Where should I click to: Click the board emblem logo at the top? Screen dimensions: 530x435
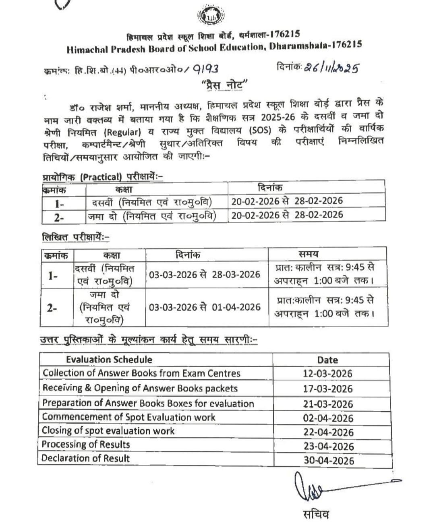[210, 17]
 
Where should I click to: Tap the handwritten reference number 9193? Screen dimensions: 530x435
[206, 69]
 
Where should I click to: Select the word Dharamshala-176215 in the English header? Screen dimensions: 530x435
[315, 46]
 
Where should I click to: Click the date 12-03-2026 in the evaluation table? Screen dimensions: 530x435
[327, 374]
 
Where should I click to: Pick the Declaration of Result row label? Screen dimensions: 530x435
[85, 458]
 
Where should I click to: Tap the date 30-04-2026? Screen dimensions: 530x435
[329, 460]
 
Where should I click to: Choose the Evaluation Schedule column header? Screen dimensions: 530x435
[109, 360]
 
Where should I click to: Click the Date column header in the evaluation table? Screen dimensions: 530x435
[327, 360]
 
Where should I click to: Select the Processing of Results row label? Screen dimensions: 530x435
[86, 444]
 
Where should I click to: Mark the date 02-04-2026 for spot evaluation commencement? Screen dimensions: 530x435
[328, 418]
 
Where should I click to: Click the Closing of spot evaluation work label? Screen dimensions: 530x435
[108, 431]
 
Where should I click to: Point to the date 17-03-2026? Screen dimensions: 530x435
[327, 389]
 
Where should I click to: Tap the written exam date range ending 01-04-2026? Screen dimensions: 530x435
[205, 307]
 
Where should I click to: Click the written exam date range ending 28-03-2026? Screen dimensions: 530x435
[205, 275]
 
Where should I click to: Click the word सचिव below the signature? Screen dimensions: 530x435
[316, 514]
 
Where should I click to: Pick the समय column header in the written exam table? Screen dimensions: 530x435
[309, 254]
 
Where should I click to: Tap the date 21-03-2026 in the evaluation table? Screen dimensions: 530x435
[328, 404]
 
